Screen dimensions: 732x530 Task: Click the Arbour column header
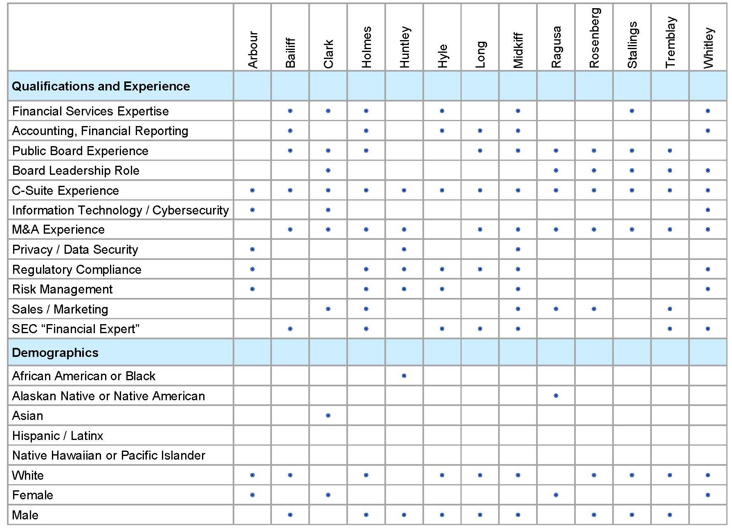[253, 49]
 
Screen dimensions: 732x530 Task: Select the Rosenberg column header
[594, 38]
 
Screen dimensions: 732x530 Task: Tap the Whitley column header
[708, 47]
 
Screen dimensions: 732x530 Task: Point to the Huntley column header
[404, 47]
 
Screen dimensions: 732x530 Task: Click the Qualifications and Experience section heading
[101, 86]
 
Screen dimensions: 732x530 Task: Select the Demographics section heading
[55, 352]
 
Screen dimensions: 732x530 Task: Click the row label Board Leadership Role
[76, 170]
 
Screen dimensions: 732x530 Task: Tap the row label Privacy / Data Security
[75, 249]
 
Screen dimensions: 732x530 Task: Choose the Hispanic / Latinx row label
[58, 435]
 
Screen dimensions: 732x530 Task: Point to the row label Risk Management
[62, 289]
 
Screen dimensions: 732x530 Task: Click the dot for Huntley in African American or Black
[404, 376]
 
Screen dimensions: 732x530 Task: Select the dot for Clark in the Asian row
[328, 415]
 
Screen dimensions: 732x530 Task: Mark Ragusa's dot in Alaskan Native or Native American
[556, 396]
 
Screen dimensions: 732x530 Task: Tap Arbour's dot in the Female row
[252, 495]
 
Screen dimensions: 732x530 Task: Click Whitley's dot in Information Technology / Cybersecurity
[708, 210]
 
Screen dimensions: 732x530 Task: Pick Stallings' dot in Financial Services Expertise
[632, 111]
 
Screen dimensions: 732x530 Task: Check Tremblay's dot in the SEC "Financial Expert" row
[670, 329]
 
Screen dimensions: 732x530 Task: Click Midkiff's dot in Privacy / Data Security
[518, 249]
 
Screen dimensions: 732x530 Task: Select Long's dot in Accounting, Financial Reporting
[480, 131]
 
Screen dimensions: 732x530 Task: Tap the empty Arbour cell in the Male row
[252, 515]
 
